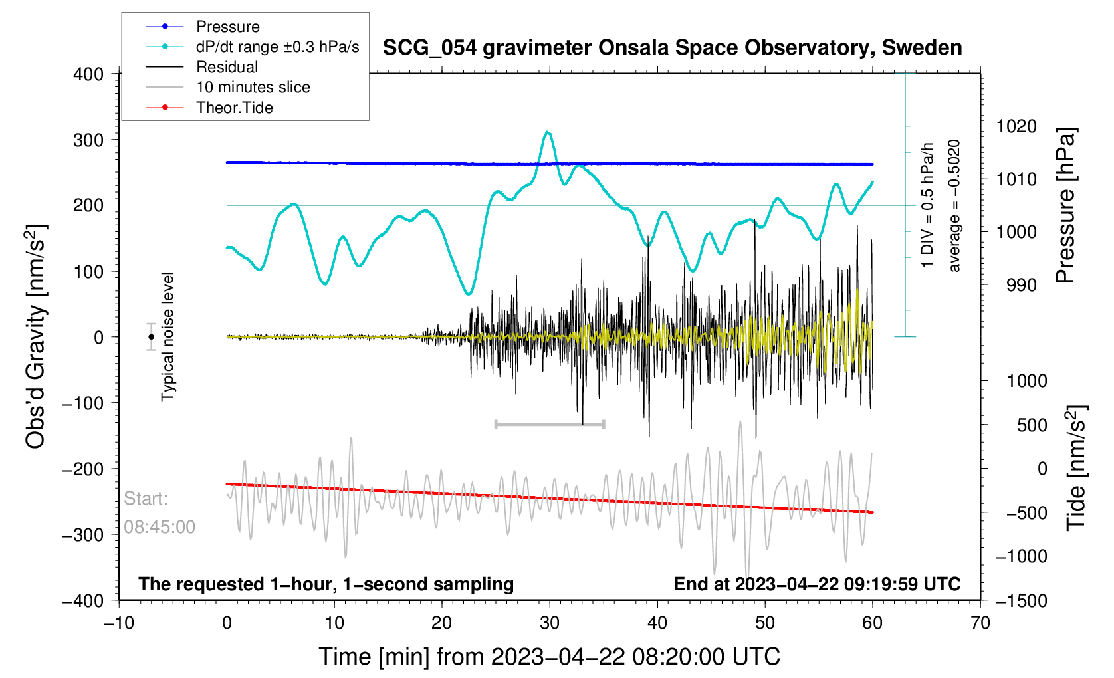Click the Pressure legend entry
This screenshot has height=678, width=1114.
click(x=227, y=27)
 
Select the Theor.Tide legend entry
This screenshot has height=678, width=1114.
click(x=234, y=108)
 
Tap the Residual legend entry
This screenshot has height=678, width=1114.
click(x=227, y=67)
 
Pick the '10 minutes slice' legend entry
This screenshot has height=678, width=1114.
click(x=253, y=87)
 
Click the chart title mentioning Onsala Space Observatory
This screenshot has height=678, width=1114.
click(x=672, y=48)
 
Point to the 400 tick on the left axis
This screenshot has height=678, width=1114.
click(x=88, y=74)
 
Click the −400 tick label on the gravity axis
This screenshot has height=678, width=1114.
click(x=84, y=600)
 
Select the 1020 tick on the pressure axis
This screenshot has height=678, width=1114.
click(x=1016, y=126)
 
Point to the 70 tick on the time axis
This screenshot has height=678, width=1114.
click(x=980, y=623)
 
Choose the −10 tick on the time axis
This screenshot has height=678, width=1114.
click(x=119, y=623)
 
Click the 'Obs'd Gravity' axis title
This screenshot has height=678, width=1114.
click(x=35, y=336)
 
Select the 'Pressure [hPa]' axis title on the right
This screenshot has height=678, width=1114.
click(x=1065, y=205)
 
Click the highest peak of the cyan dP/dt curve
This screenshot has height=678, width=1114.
click(x=548, y=132)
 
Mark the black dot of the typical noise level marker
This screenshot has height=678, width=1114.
click(x=152, y=337)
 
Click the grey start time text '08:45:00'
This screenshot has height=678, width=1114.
click(x=160, y=527)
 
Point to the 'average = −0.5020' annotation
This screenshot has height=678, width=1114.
click(x=954, y=205)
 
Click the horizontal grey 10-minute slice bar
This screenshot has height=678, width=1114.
click(x=550, y=424)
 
